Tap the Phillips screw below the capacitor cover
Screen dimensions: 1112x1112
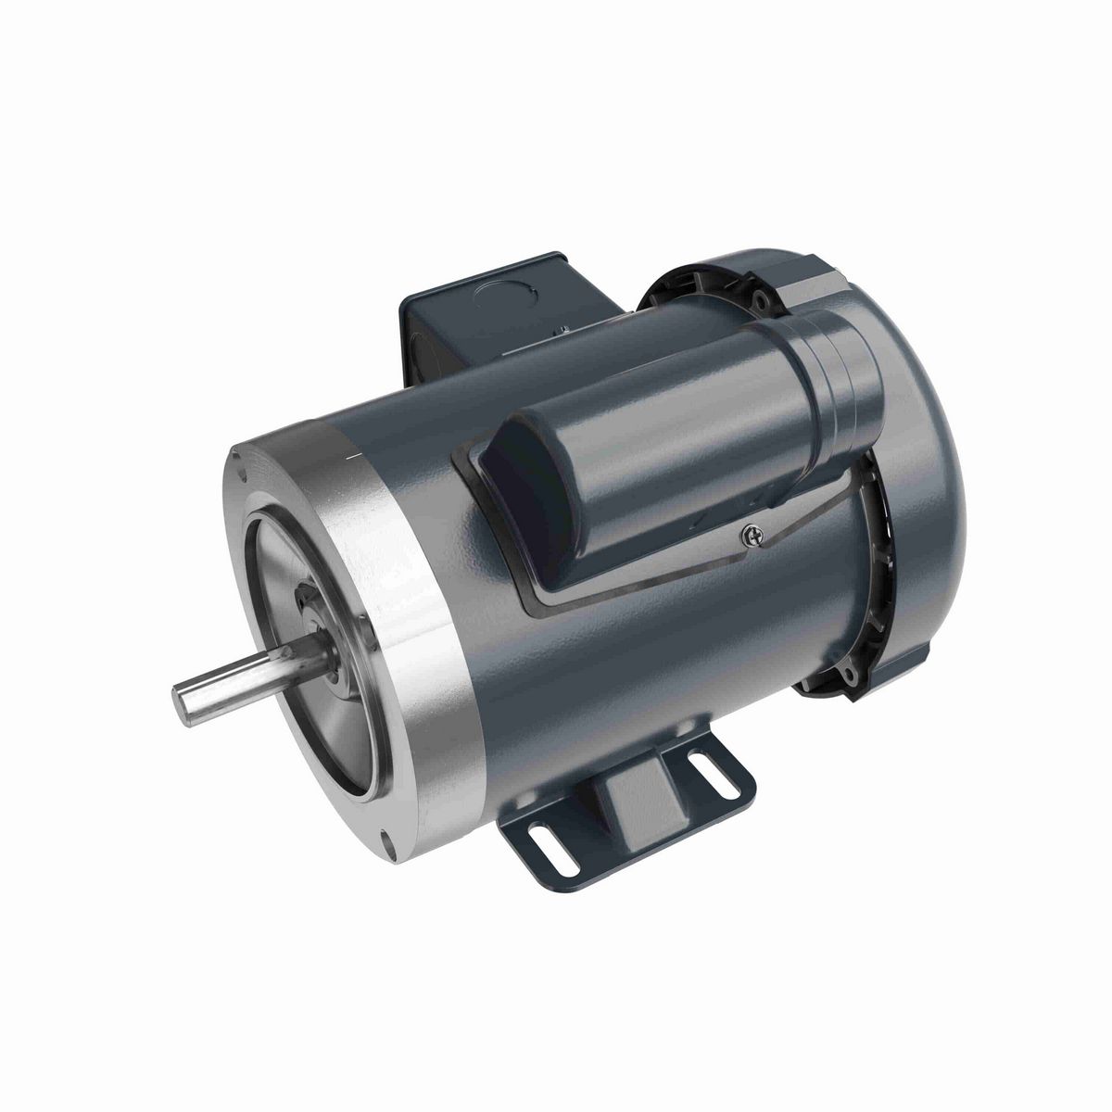point(752,534)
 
